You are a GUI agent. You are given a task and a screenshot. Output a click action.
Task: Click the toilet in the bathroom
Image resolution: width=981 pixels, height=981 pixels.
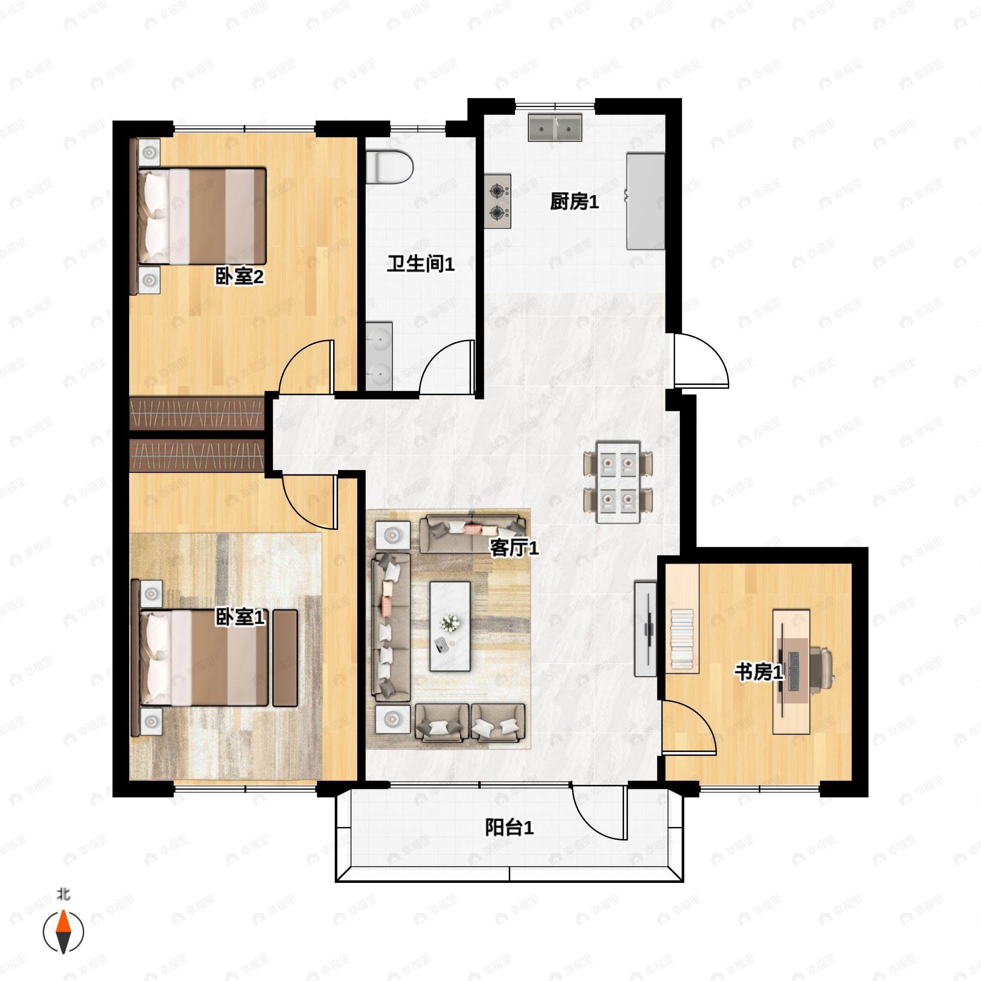coord(389,166)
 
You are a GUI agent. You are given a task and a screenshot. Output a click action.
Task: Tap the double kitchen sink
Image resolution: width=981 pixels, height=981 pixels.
coord(555,128)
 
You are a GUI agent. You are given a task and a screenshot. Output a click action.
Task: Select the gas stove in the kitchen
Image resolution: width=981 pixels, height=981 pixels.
coord(497,202)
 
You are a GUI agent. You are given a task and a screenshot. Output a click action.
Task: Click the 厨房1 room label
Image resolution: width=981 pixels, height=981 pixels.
coord(574,202)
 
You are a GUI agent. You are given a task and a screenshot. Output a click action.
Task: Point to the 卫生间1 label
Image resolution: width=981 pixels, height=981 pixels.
coord(421,264)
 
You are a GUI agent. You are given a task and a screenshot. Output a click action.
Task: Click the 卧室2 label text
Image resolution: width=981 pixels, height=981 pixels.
coord(239,277)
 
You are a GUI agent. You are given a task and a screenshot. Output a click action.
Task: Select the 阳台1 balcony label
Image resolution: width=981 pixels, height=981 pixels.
coord(509,828)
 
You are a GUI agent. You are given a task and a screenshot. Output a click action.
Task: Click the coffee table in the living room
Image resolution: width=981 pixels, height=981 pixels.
coord(450,626)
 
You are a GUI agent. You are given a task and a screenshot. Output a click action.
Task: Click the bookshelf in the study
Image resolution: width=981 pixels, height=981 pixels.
coord(683,619)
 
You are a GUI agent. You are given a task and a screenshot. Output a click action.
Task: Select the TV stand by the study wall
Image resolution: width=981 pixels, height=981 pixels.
coord(645,629)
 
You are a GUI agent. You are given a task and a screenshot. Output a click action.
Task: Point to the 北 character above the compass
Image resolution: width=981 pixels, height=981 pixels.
coord(63,894)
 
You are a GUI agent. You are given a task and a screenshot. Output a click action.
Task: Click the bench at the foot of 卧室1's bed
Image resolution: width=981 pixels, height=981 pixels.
coord(285,658)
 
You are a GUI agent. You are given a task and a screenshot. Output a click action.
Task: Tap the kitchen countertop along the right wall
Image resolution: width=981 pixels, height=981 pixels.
coord(645,202)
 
